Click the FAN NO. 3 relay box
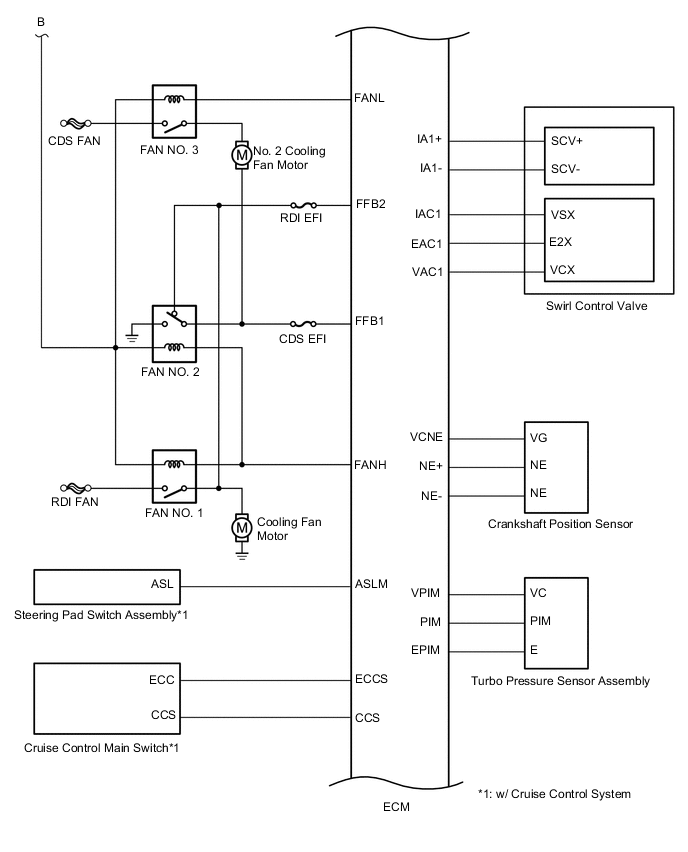174,111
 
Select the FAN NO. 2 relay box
174,334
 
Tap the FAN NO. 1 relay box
174,476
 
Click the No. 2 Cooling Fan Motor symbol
241,154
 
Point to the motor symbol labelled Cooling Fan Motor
241,526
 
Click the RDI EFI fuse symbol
302,205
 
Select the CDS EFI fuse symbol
302,324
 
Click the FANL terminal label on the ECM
370,98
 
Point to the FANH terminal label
370,464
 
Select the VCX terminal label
562,270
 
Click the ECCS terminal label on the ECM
371,679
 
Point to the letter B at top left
41,21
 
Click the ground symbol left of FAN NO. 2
132,339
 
